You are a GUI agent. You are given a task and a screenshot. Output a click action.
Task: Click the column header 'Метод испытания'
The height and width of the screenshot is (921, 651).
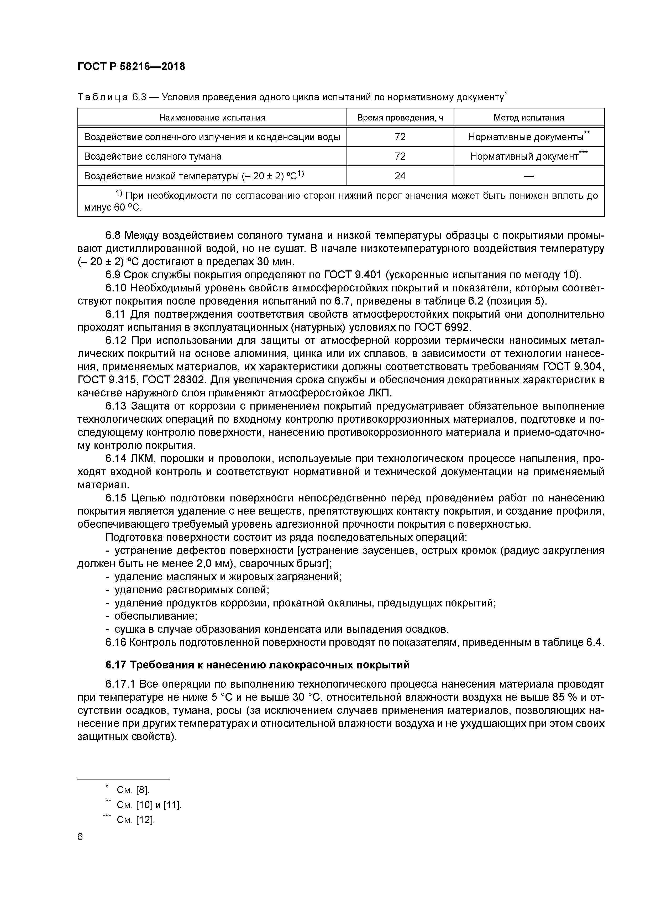click(x=529, y=118)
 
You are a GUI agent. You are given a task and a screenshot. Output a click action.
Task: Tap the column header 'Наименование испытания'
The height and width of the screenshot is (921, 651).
click(x=212, y=118)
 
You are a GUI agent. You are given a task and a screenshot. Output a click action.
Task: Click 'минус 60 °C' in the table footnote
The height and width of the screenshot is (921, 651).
click(x=113, y=208)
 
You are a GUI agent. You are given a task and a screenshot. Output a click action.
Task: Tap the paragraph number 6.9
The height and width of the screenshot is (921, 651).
click(x=113, y=275)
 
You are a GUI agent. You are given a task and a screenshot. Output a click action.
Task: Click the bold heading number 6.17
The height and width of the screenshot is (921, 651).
click(x=116, y=665)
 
